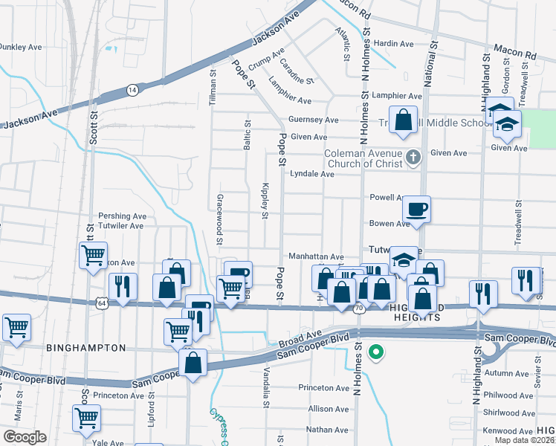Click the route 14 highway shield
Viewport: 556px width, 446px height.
(x=132, y=89)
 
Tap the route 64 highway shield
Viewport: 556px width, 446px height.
(x=102, y=303)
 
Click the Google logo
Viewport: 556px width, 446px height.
(x=25, y=437)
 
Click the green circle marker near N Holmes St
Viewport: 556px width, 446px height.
(x=377, y=352)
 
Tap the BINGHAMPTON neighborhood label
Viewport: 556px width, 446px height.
(x=86, y=347)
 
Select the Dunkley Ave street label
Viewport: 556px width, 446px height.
(x=21, y=47)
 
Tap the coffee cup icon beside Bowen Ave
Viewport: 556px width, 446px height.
(x=416, y=209)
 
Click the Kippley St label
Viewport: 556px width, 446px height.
(x=265, y=201)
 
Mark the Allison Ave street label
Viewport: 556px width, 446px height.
(x=328, y=409)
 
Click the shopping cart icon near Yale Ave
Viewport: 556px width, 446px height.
(x=87, y=418)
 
